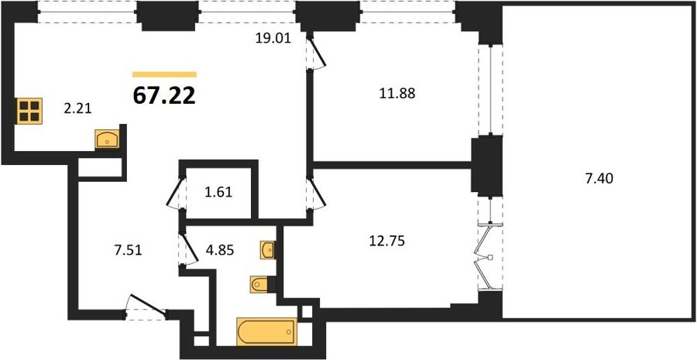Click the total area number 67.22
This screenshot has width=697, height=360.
[x=164, y=96]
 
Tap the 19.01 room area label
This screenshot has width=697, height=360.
[x=273, y=39]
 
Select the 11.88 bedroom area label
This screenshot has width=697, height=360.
[x=397, y=94]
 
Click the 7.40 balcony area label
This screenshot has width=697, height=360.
[x=599, y=179]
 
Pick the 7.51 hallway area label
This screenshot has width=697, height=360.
[x=128, y=251]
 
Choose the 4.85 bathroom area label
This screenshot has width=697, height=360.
[x=219, y=251]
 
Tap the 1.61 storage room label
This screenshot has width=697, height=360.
[x=218, y=194]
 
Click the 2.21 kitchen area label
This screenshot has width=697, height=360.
[x=77, y=108]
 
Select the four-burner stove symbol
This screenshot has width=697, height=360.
[x=29, y=111]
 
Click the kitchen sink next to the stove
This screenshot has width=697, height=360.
[x=107, y=139]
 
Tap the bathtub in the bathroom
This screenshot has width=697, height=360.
[x=266, y=331]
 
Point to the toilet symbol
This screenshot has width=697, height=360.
[x=260, y=284]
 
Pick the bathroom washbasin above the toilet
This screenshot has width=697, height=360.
[x=268, y=250]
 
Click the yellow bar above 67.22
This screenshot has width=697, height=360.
[x=164, y=74]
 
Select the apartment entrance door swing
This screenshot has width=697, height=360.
[x=146, y=307]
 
